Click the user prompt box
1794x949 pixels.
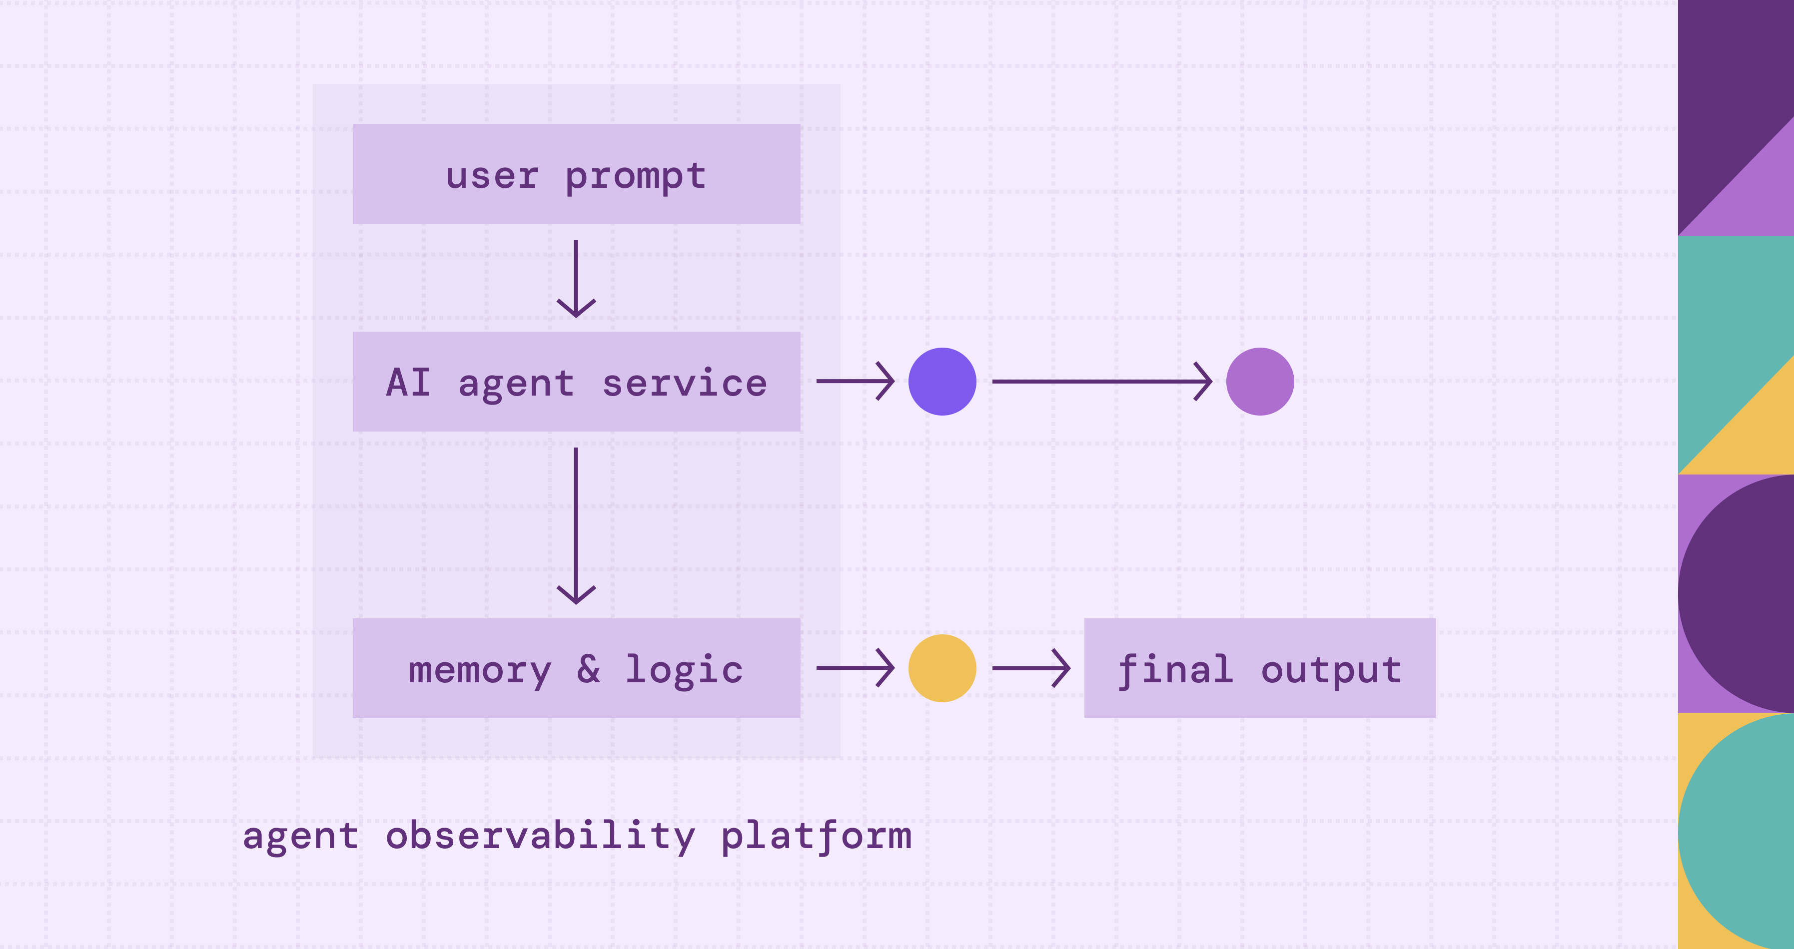pyautogui.click(x=576, y=173)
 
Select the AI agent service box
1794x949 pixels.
pyautogui.click(x=576, y=381)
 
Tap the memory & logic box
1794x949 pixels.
pyautogui.click(x=576, y=668)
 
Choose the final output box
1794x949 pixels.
pyautogui.click(x=1259, y=668)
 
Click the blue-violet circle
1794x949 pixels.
pyautogui.click(x=942, y=382)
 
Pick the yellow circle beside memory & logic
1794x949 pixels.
pyautogui.click(x=942, y=668)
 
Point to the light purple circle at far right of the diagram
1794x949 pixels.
pyautogui.click(x=1260, y=382)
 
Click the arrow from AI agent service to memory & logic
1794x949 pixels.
pyautogui.click(x=576, y=525)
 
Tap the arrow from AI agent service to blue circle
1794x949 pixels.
pyautogui.click(x=855, y=381)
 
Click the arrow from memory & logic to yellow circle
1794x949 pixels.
pyautogui.click(x=855, y=668)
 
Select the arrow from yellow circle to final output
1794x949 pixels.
pyautogui.click(x=1031, y=668)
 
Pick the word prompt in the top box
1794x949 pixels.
pyautogui.click(x=635, y=176)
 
